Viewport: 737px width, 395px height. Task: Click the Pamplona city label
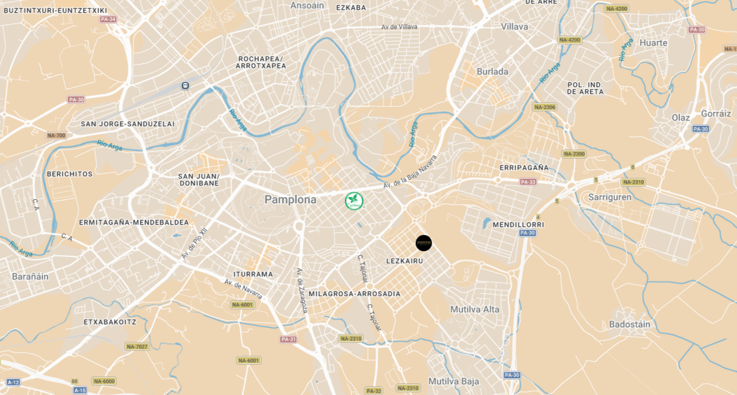[290, 200]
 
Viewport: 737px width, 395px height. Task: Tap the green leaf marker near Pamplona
[354, 201]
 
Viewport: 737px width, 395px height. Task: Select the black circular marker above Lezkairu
[423, 243]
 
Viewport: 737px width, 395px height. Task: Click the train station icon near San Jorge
[185, 85]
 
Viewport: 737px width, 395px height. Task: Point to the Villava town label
[514, 26]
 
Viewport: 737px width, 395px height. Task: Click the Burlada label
[492, 71]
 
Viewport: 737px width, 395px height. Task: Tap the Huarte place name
[653, 43]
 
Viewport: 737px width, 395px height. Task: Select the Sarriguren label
[610, 197]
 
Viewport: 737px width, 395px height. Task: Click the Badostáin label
[629, 324]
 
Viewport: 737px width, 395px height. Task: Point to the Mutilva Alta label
[475, 309]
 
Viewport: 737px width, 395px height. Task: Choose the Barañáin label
[30, 276]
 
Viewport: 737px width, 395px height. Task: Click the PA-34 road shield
[108, 19]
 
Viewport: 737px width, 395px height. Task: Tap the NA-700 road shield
[56, 135]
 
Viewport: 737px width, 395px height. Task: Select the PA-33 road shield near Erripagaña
[528, 182]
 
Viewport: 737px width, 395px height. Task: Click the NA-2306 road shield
[544, 107]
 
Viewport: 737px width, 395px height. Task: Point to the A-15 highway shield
[80, 390]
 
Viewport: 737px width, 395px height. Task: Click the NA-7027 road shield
[137, 346]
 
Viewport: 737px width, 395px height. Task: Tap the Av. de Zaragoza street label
[301, 291]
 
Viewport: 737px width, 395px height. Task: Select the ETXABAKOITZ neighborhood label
[110, 322]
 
